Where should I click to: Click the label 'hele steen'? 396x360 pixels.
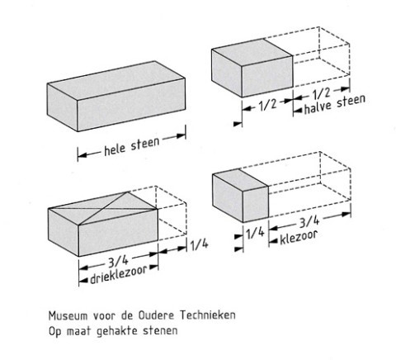pyautogui.click(x=132, y=147)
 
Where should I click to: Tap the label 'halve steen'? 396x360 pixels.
pyautogui.click(x=335, y=104)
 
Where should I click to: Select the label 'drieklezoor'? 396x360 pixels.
pyautogui.click(x=118, y=275)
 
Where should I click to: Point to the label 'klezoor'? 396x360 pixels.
pyautogui.click(x=299, y=238)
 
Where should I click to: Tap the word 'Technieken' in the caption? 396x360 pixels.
pyautogui.click(x=208, y=315)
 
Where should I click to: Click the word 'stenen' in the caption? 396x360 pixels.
pyautogui.click(x=160, y=330)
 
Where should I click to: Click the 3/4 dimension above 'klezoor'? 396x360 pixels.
pyautogui.click(x=309, y=221)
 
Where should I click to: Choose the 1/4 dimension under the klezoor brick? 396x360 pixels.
pyautogui.click(x=255, y=234)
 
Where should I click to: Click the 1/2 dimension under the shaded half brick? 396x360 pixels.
pyautogui.click(x=267, y=105)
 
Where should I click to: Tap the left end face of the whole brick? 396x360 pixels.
pyautogui.click(x=63, y=107)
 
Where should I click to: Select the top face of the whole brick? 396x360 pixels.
pyautogui.click(x=116, y=80)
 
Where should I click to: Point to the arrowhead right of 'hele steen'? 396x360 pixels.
pyautogui.click(x=181, y=136)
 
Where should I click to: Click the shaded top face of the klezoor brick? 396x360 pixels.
pyautogui.click(x=240, y=180)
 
